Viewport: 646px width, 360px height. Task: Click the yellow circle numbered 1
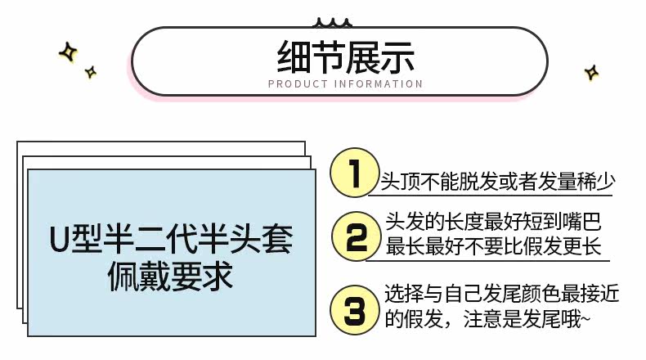pos(352,173)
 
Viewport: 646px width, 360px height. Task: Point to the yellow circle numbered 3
pos(353,309)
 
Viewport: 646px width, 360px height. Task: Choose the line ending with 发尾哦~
pos(487,320)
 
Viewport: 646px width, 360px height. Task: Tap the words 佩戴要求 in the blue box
pos(171,277)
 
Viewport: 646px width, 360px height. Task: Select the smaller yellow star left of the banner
pos(91,72)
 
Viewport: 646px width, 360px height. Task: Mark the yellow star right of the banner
pos(591,74)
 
